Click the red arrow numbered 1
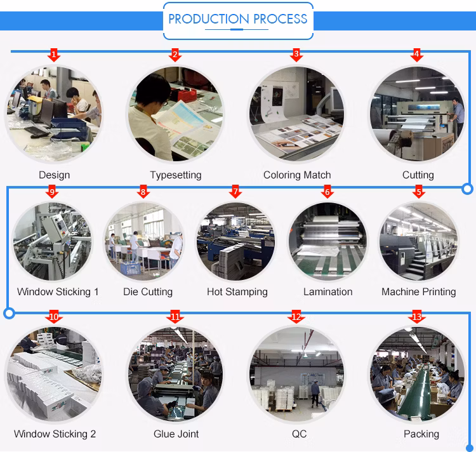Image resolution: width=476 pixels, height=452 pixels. click(54, 55)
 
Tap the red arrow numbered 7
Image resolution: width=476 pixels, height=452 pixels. click(235, 192)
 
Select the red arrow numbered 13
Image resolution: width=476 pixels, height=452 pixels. click(417, 317)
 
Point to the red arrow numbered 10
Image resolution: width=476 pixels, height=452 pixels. click(54, 317)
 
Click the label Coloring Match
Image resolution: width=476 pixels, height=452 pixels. click(297, 175)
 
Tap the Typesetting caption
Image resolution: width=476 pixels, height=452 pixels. click(176, 175)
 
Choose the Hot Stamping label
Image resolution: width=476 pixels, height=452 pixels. click(237, 292)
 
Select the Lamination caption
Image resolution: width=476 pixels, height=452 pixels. click(328, 292)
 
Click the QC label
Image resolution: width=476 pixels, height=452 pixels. click(299, 434)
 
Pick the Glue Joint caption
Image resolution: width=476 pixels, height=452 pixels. click(176, 434)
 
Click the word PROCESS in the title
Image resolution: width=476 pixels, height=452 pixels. click(280, 19)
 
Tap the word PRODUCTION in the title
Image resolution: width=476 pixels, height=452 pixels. click(209, 19)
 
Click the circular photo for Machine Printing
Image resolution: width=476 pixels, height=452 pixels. click(418, 242)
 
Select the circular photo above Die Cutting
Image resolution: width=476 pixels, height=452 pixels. click(144, 242)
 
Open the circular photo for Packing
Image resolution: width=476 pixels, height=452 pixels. click(417, 375)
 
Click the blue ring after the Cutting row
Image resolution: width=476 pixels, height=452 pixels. click(468, 189)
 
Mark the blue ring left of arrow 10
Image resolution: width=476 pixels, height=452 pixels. click(10, 313)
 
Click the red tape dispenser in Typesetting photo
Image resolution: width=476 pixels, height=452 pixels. click(183, 94)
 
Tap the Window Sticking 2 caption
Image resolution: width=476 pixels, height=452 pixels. click(55, 434)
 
